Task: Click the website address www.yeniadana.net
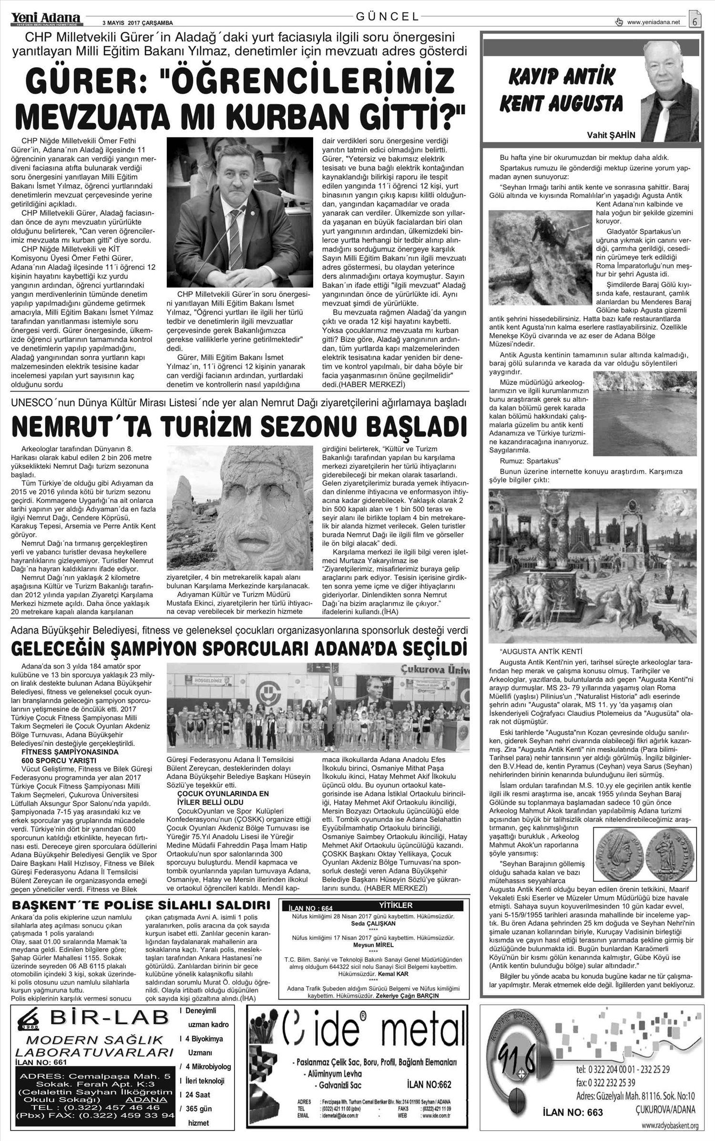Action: tap(653, 22)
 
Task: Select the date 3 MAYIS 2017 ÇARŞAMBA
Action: tap(137, 23)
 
